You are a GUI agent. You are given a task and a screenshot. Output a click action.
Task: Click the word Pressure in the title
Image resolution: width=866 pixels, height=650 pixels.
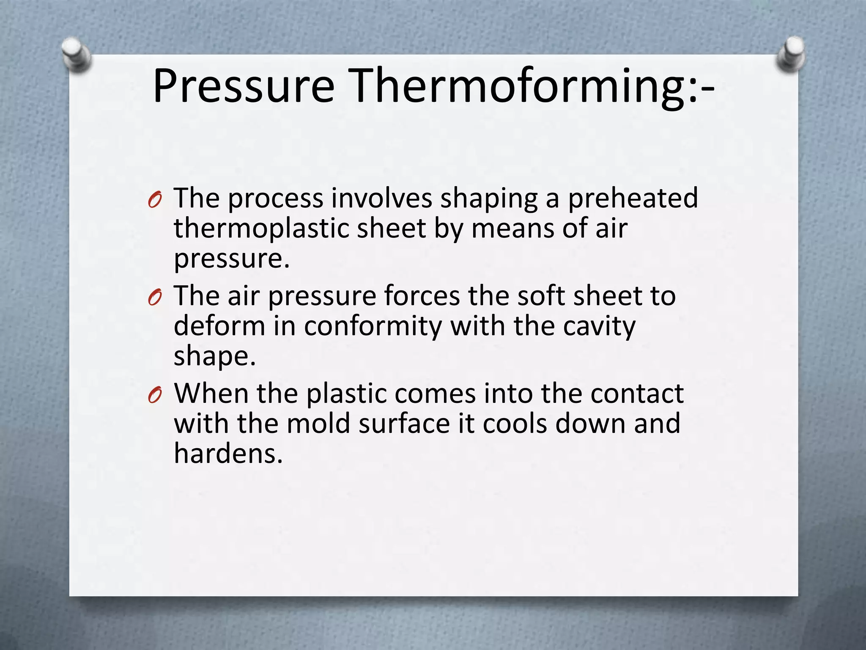point(244,87)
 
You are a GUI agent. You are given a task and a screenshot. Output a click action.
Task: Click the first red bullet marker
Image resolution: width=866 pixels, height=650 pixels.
point(155,199)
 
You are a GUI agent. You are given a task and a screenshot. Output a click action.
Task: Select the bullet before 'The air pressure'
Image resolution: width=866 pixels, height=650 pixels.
point(155,297)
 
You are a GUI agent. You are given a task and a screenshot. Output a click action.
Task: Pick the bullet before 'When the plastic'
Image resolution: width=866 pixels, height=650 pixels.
point(155,395)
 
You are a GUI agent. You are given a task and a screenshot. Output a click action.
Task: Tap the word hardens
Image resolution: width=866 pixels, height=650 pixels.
point(228,454)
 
